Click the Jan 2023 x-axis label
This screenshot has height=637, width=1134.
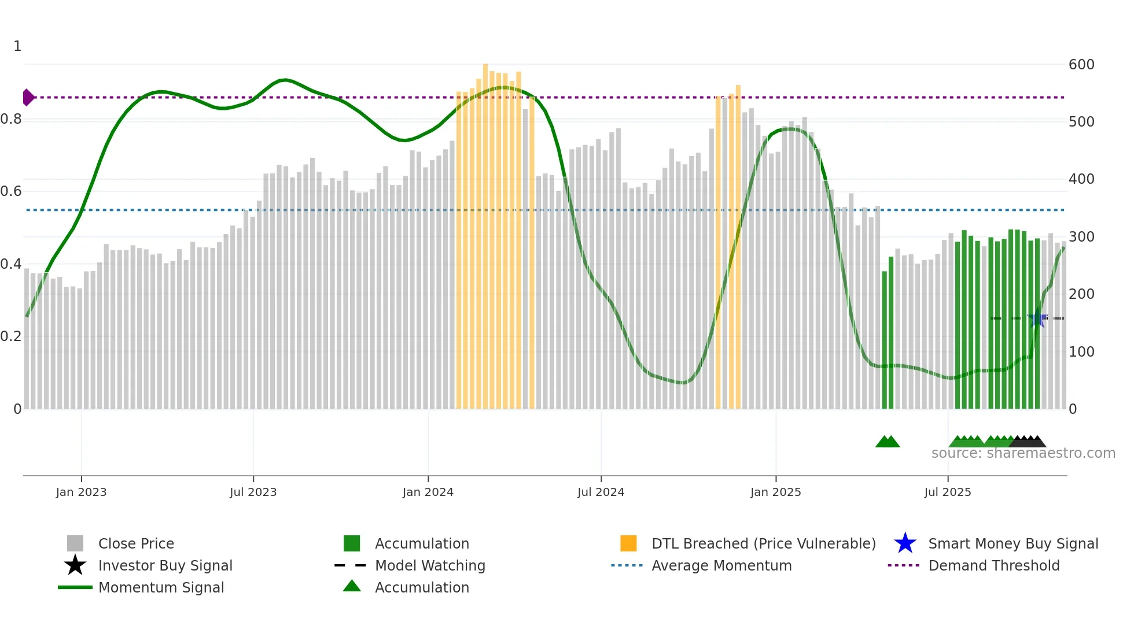tap(81, 492)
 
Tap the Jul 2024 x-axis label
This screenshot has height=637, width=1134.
tap(601, 492)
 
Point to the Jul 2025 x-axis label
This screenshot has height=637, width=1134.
tap(947, 492)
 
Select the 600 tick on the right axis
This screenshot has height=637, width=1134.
tap(1081, 65)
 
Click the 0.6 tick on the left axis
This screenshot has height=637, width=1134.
tap(11, 191)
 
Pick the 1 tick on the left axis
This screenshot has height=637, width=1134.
tap(17, 46)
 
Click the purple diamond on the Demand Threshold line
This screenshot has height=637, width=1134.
tap(28, 97)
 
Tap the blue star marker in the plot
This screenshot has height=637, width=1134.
tap(1037, 318)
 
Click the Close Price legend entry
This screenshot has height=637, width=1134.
tap(136, 543)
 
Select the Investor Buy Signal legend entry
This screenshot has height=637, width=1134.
tap(165, 565)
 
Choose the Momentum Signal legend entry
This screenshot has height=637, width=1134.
tap(161, 587)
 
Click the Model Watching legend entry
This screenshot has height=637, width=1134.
tap(430, 565)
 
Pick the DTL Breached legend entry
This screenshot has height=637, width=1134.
tap(763, 543)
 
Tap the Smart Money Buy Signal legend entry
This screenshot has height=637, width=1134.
tap(1013, 543)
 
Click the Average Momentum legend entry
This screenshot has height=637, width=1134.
tap(721, 565)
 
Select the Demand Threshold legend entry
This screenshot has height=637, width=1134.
tap(993, 565)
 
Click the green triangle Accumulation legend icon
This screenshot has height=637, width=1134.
tap(352, 586)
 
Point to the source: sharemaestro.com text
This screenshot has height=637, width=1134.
tap(1023, 453)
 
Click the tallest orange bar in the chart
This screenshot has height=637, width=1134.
tap(485, 231)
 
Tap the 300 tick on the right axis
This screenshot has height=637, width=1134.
tap(1081, 237)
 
